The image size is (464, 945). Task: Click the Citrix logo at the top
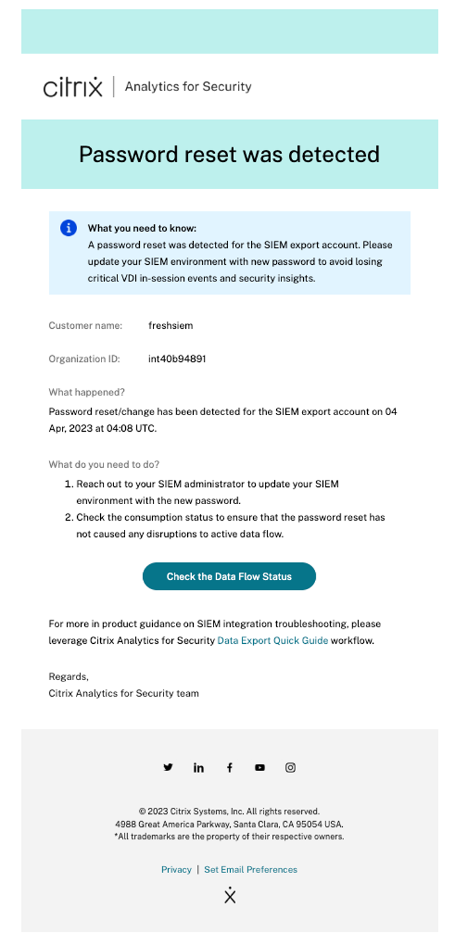click(x=73, y=87)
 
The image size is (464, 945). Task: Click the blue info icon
click(x=69, y=228)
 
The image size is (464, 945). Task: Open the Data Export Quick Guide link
click(x=272, y=641)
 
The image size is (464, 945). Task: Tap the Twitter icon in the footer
click(x=168, y=767)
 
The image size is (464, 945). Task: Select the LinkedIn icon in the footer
click(x=198, y=768)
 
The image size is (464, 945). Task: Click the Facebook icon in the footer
click(x=229, y=768)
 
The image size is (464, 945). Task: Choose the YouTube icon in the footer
click(x=260, y=768)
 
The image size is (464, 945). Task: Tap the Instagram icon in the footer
click(x=290, y=768)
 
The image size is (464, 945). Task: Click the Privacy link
click(x=176, y=870)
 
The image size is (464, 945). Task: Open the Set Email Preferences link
click(x=250, y=870)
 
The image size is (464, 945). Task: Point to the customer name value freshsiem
click(x=171, y=326)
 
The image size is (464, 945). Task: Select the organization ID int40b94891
click(x=177, y=359)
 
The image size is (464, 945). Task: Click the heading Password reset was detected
click(x=229, y=154)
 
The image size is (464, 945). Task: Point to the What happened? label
click(x=86, y=392)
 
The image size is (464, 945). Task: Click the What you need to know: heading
click(x=142, y=229)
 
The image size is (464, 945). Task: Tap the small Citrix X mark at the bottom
click(x=229, y=896)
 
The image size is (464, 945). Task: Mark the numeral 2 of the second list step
click(x=69, y=517)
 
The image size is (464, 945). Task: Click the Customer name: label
click(x=86, y=326)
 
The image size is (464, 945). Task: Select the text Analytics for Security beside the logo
click(x=188, y=86)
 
